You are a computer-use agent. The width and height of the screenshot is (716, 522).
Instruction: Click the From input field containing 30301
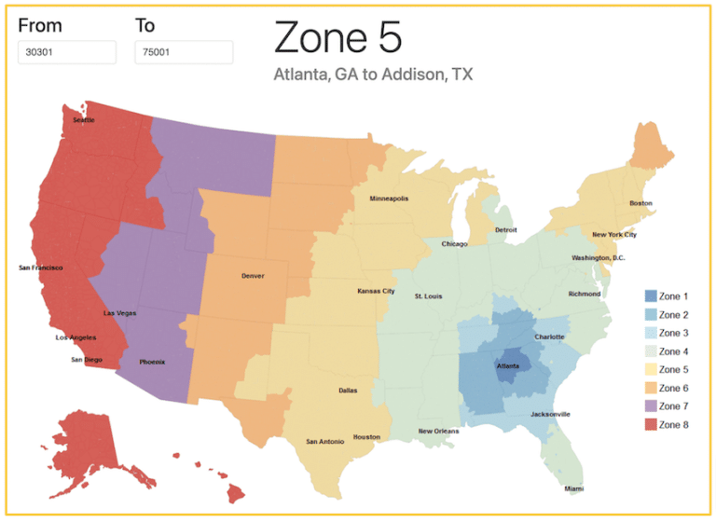66,52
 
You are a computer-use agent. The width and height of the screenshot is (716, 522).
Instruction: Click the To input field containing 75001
183,52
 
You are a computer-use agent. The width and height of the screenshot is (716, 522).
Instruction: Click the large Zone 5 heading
337,37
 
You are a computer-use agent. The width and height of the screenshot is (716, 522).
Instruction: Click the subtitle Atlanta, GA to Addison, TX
373,75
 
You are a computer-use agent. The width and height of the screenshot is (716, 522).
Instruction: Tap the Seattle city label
84,119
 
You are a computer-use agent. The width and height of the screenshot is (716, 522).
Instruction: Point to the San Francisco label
41,268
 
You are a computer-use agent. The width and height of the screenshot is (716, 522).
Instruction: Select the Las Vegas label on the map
119,313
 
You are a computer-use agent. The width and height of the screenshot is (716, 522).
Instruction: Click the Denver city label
252,276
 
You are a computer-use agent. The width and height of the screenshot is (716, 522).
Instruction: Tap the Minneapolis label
389,199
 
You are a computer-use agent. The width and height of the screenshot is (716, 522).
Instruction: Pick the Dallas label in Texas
348,391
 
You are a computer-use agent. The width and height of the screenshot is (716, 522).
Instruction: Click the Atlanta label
508,366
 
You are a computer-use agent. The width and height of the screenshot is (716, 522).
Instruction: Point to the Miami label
575,488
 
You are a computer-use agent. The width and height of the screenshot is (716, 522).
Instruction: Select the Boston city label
640,203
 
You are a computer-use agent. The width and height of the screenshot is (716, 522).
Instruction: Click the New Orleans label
438,432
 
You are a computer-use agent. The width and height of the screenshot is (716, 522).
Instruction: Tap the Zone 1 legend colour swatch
650,296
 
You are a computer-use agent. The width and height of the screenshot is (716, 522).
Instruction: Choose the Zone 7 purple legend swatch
650,406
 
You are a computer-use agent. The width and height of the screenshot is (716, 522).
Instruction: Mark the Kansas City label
376,291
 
